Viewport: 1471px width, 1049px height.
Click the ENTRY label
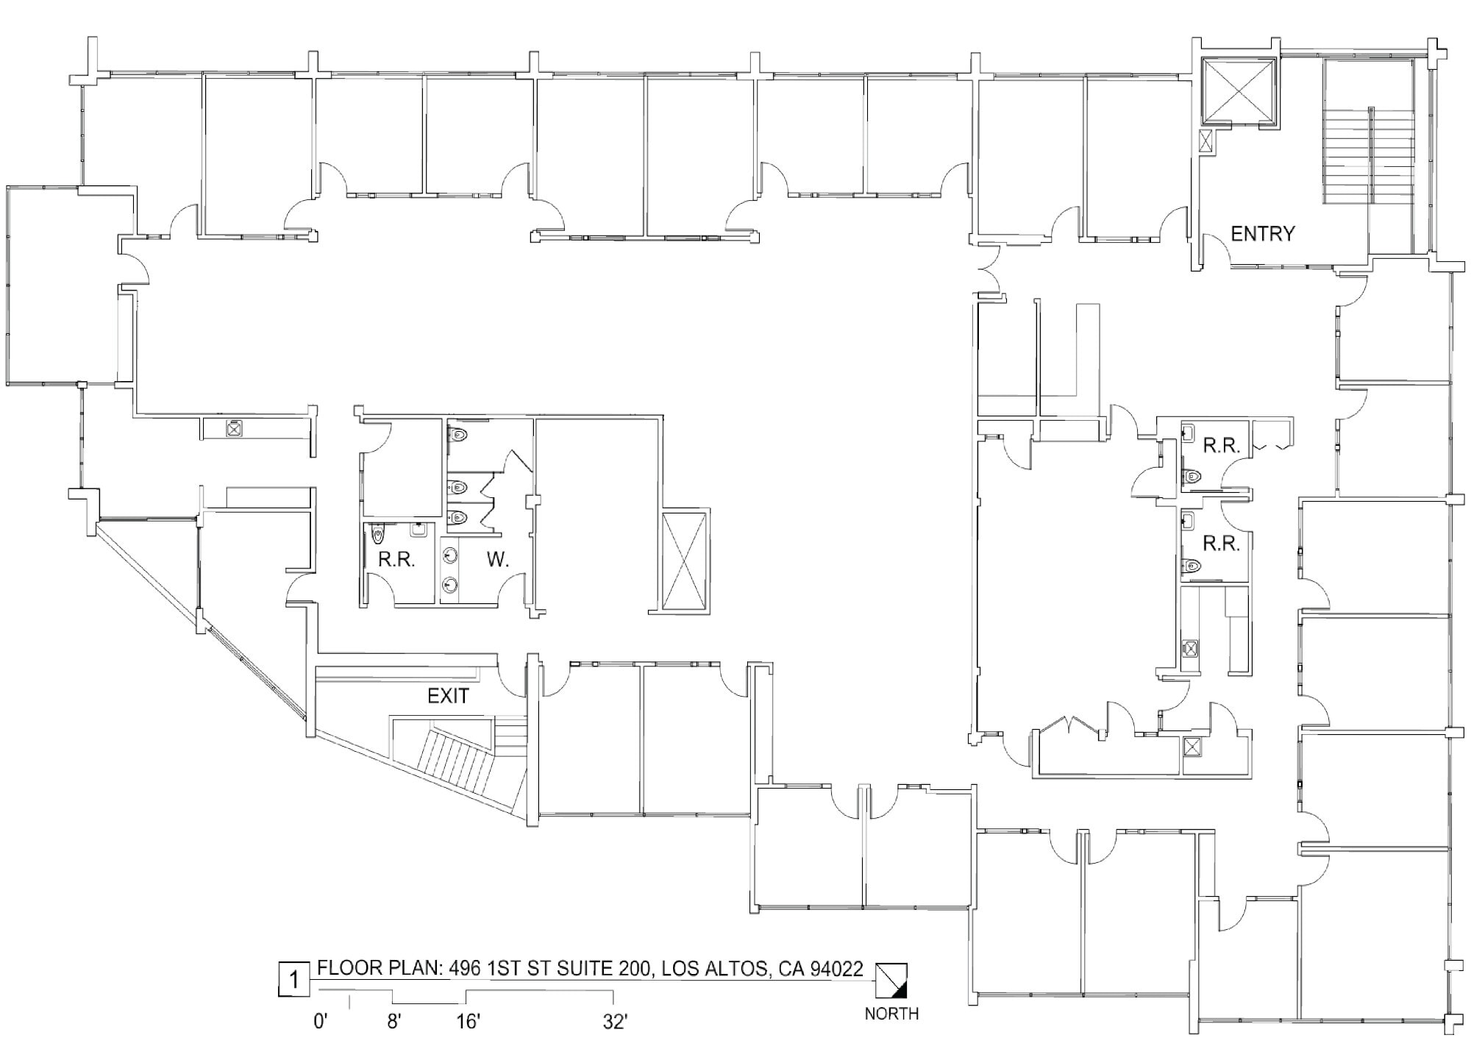[x=1262, y=234]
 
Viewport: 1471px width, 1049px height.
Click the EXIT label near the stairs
[x=448, y=696]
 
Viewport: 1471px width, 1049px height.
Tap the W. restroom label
[x=498, y=560]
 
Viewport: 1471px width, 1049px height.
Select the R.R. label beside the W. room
[x=396, y=560]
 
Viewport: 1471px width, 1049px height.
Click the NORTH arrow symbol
[x=891, y=981]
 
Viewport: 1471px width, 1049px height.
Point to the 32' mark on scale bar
[x=614, y=1022]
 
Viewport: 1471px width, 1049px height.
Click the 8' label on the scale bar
[x=393, y=1022]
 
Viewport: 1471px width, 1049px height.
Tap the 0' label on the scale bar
[x=320, y=1022]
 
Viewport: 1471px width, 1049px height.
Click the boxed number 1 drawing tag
[x=294, y=980]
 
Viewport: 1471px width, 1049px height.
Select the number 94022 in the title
[x=836, y=969]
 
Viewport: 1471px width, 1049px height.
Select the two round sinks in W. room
[x=450, y=571]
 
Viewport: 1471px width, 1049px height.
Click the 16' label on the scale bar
[x=467, y=1022]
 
